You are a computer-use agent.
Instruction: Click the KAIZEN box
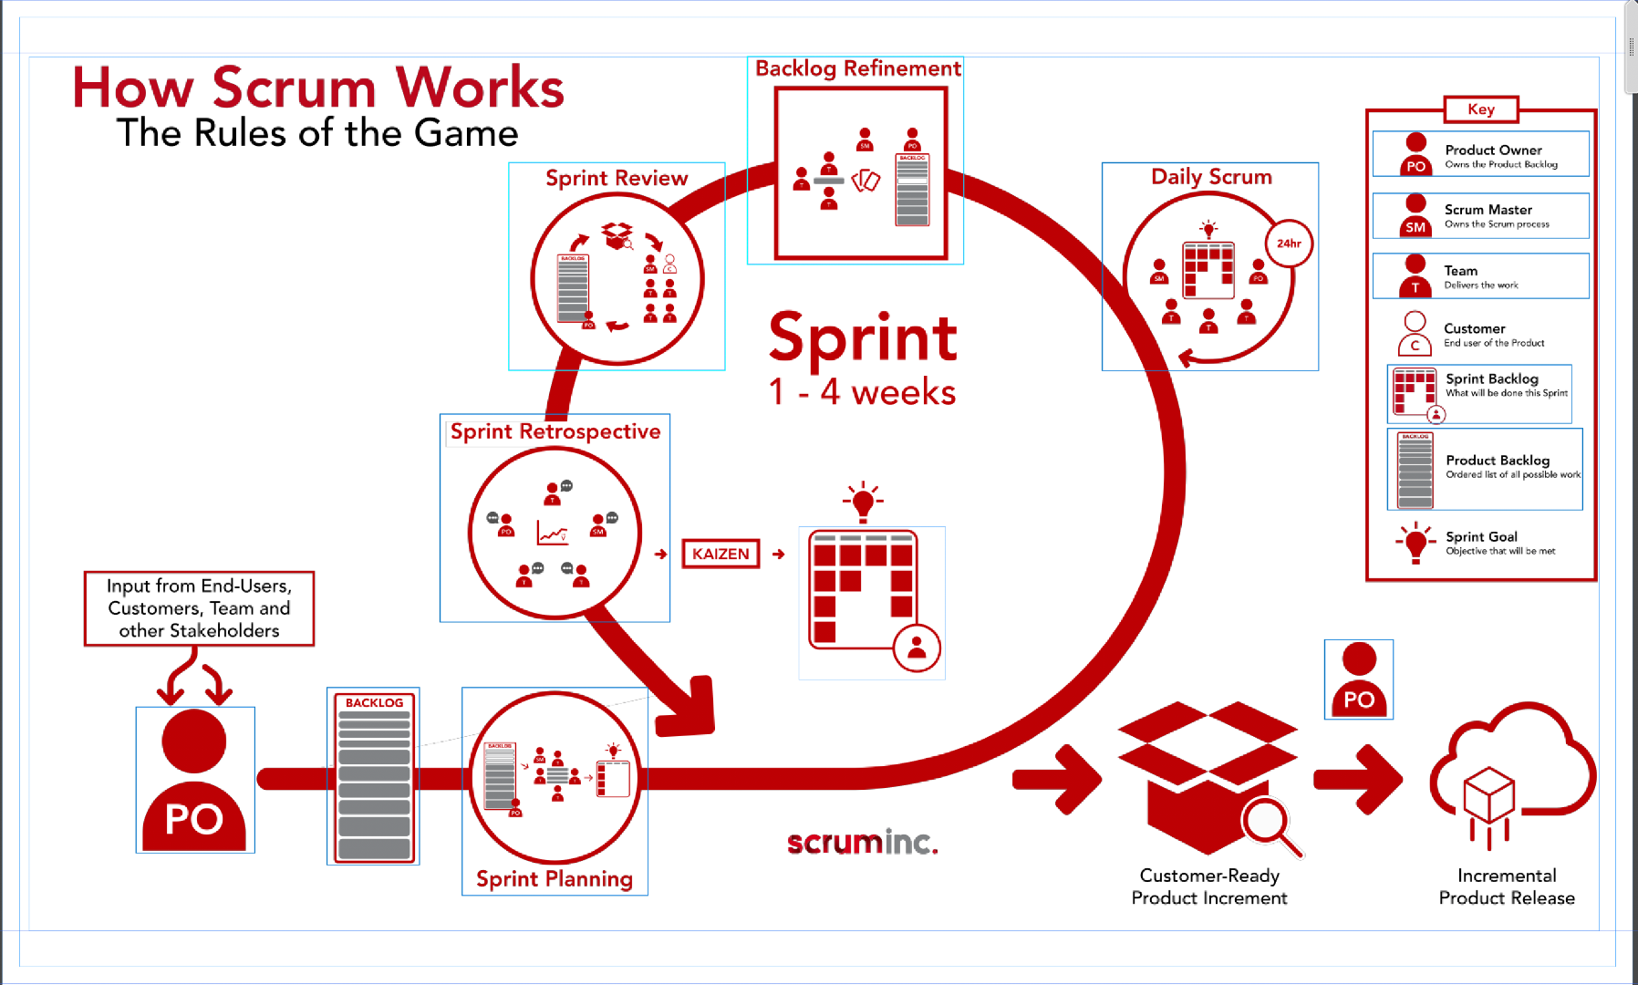[x=721, y=554]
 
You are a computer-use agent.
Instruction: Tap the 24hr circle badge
[x=1289, y=244]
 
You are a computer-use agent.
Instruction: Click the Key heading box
[x=1481, y=109]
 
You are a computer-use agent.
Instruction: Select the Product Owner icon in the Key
[x=1415, y=154]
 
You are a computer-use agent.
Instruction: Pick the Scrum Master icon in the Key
[x=1415, y=215]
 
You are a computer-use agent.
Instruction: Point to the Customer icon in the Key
[x=1415, y=334]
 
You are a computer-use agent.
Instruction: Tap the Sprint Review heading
[x=617, y=178]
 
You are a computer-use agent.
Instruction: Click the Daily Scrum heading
[x=1211, y=177]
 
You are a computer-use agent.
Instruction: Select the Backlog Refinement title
[x=857, y=68]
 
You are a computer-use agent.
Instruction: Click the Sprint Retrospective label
[x=555, y=431]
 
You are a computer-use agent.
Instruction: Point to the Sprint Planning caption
[x=555, y=879]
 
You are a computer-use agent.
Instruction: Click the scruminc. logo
[x=862, y=842]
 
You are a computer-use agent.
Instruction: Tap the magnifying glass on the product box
[x=1271, y=825]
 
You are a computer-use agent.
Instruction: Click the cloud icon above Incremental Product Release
[x=1512, y=766]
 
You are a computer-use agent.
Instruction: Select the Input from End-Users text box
[x=199, y=608]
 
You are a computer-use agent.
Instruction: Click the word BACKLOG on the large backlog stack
[x=374, y=702]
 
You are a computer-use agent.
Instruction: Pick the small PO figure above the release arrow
[x=1359, y=679]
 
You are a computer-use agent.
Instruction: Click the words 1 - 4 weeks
[x=862, y=392]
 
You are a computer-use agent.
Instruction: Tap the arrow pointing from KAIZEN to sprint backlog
[x=779, y=554]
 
